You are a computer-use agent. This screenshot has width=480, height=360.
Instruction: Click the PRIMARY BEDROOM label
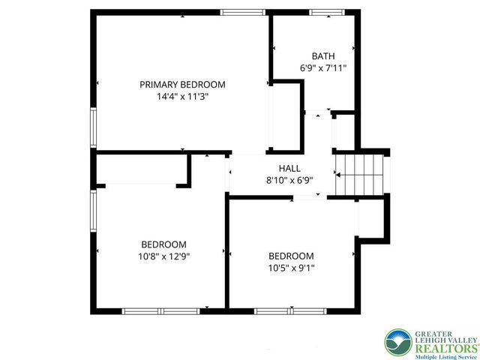pos(182,85)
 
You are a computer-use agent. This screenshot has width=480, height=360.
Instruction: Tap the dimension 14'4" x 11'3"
pos(182,97)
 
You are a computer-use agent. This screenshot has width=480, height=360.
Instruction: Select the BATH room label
pos(323,56)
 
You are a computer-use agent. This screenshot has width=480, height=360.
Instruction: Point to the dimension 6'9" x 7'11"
pos(323,68)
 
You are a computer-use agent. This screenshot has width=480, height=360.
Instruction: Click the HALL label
pos(289,168)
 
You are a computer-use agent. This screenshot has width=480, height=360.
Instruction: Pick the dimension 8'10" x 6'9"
pos(289,180)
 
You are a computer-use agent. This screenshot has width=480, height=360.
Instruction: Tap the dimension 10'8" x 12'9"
pos(164,256)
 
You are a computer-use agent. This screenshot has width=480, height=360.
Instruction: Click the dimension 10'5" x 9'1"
pos(291,268)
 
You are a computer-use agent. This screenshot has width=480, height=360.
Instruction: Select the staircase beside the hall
pos(358,174)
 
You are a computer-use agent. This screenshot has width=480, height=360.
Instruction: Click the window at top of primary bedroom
pos(243,12)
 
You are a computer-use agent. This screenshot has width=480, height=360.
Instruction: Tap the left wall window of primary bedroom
pos(93,127)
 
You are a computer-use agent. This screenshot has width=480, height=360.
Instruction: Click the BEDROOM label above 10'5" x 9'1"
pos(291,256)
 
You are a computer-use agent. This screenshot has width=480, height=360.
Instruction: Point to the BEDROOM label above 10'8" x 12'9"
pos(164,244)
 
